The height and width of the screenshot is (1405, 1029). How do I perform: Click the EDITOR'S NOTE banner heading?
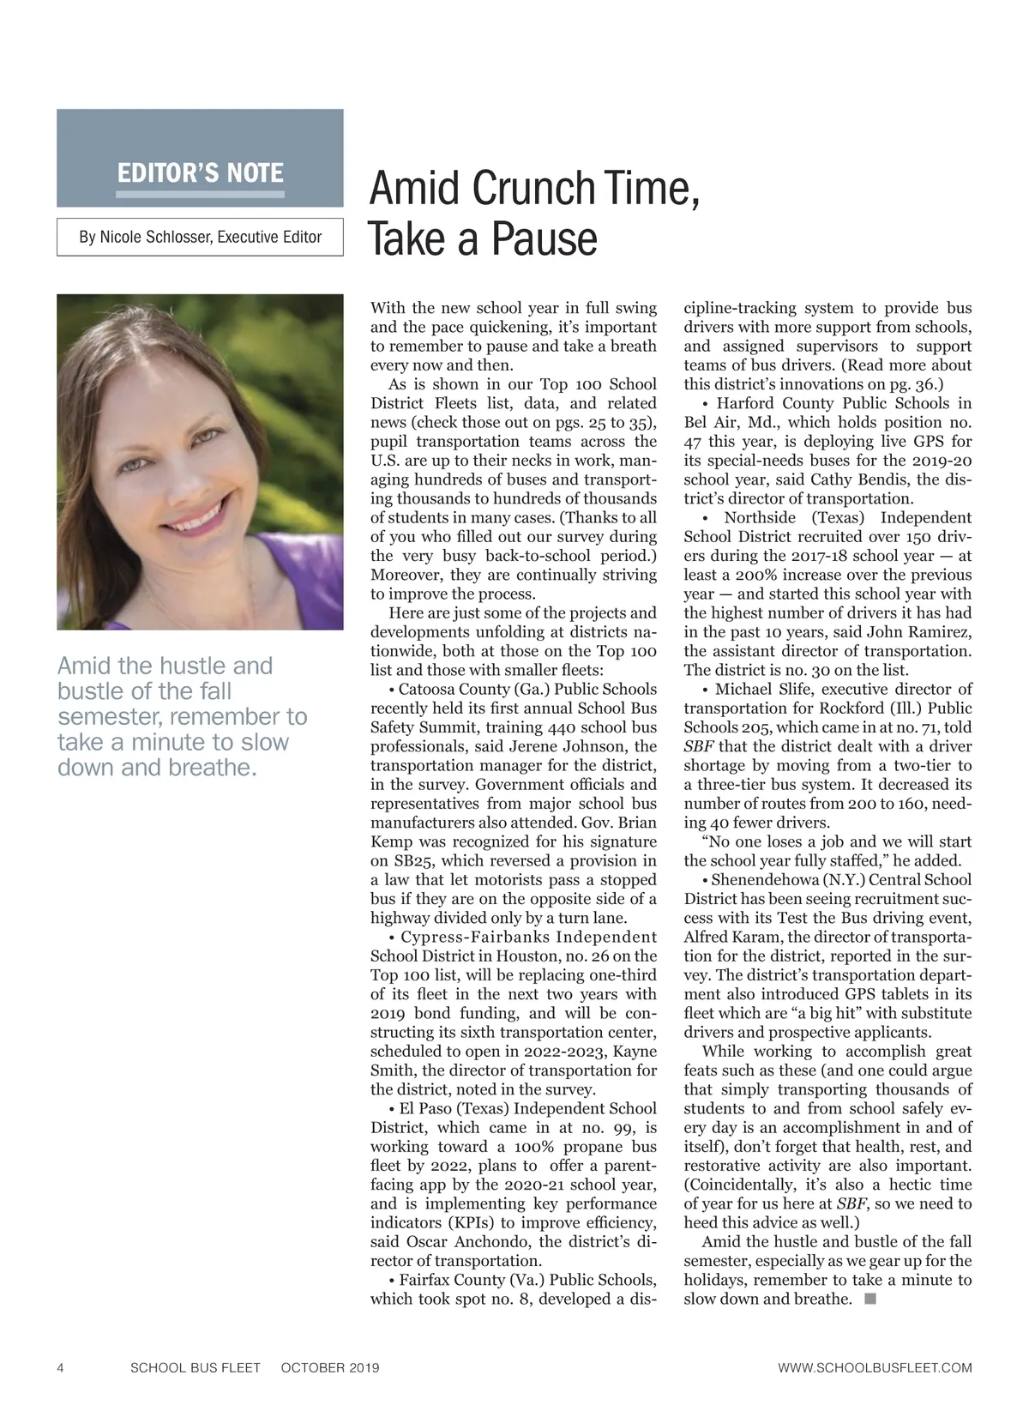tap(200, 173)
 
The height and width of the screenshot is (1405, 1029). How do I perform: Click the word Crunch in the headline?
tap(533, 189)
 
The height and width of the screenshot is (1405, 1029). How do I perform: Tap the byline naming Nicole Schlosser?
tap(200, 237)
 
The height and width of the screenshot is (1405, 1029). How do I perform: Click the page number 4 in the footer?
tap(60, 1367)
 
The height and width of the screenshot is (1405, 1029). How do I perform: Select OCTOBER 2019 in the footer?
tap(330, 1367)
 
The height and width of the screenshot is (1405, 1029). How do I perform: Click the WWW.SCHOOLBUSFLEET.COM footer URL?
tap(875, 1367)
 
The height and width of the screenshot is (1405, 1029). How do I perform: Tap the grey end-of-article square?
tap(870, 1299)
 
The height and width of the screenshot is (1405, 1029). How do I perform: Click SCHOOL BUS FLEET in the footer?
tap(195, 1367)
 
